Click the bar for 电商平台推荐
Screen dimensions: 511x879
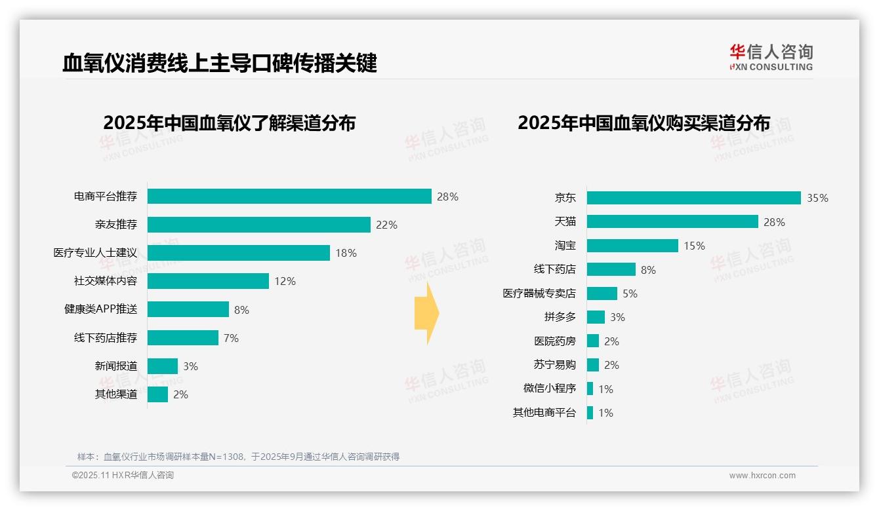[x=289, y=197]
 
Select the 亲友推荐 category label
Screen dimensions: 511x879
[x=116, y=225]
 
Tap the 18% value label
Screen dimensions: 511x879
[x=346, y=253]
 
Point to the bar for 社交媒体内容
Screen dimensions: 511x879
[x=208, y=281]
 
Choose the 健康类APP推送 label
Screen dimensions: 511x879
[x=100, y=309]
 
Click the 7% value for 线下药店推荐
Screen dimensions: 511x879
[x=231, y=338]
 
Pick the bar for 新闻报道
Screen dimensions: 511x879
[x=163, y=366]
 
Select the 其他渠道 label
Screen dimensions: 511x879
[x=116, y=394]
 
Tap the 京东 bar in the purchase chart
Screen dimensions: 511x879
[x=693, y=198]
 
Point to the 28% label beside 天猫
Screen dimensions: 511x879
[x=774, y=222]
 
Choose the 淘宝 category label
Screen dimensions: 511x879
[x=565, y=246]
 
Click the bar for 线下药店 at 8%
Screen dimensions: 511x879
[x=611, y=269]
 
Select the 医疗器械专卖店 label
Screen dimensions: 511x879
[x=539, y=293]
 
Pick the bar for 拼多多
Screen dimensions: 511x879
[x=596, y=317]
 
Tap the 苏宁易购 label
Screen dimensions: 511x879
[x=554, y=365]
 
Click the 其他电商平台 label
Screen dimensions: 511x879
[x=544, y=413]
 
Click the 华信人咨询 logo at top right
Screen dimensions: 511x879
[x=771, y=57]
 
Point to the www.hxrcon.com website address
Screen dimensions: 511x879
[x=762, y=476]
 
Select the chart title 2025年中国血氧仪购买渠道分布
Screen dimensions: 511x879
[x=644, y=123]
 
